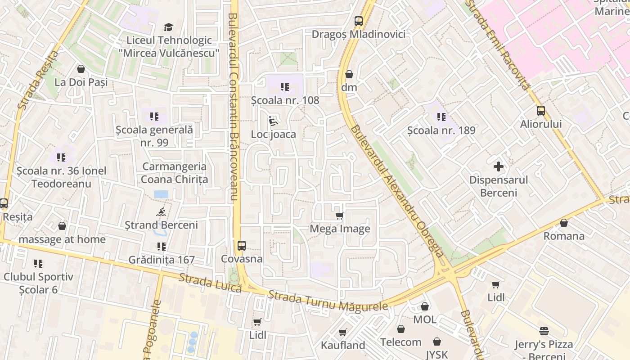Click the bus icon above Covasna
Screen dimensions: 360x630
[x=242, y=245]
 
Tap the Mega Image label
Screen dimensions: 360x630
[x=340, y=229]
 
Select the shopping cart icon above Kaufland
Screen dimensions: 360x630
[x=343, y=333]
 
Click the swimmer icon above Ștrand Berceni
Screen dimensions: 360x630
[x=161, y=212]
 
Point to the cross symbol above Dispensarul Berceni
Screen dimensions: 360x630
[x=499, y=167]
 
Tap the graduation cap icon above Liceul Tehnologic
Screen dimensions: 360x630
[x=168, y=27]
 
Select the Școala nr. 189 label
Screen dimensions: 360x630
[x=441, y=130]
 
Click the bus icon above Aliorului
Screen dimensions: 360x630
[x=541, y=111]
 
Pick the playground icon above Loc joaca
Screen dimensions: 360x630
[x=273, y=121]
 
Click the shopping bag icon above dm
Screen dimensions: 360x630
[x=349, y=74]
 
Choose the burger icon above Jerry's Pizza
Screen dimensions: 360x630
[x=544, y=332]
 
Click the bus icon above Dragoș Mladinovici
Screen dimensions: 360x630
[x=359, y=21]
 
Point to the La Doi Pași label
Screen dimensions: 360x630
[x=81, y=82]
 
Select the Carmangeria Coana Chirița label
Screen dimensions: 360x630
[x=175, y=173]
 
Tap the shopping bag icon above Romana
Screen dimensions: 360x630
[x=564, y=223]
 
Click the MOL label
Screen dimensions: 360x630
[x=425, y=319]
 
